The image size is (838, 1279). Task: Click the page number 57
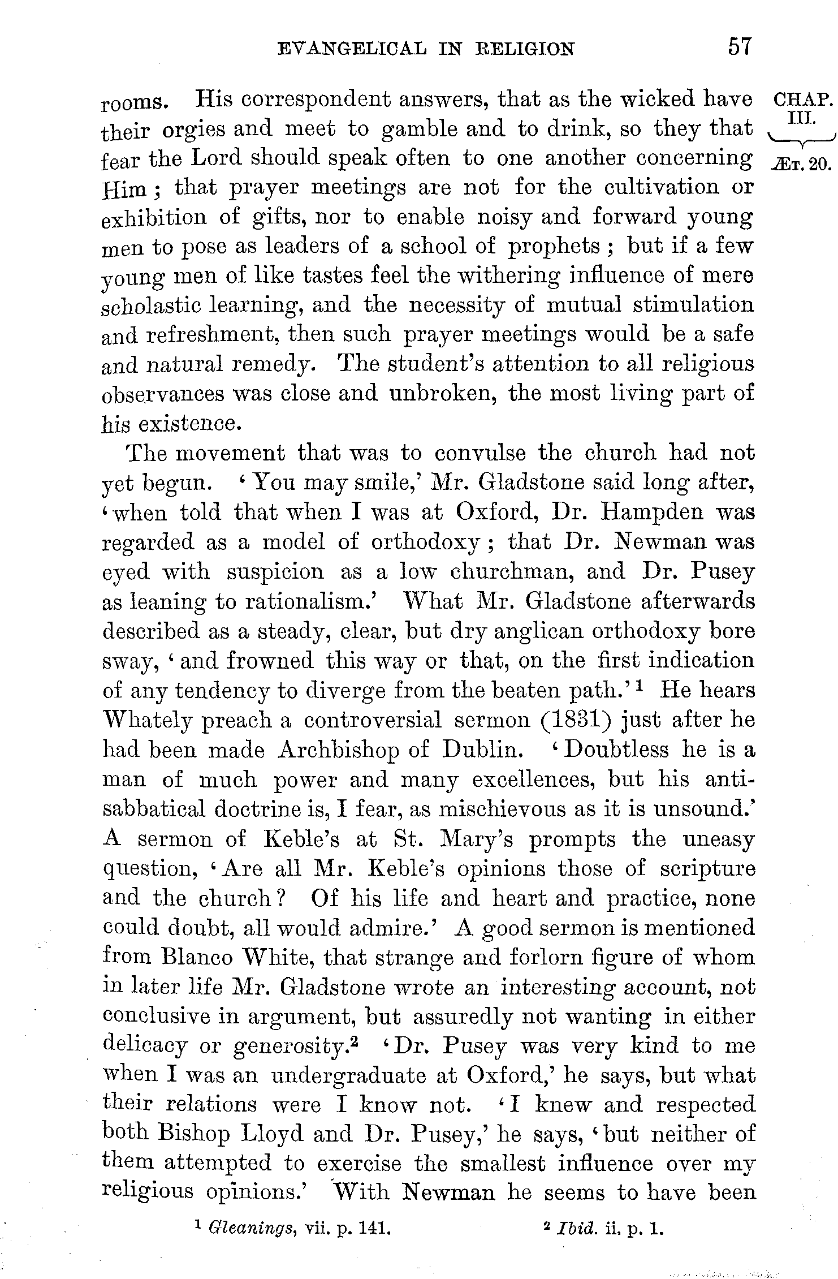pyautogui.click(x=738, y=47)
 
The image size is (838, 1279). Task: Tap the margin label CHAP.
pyautogui.click(x=802, y=101)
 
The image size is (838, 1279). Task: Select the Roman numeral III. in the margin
pyautogui.click(x=802, y=119)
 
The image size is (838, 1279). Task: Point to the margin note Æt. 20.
pyautogui.click(x=802, y=166)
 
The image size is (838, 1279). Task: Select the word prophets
pyautogui.click(x=553, y=246)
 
